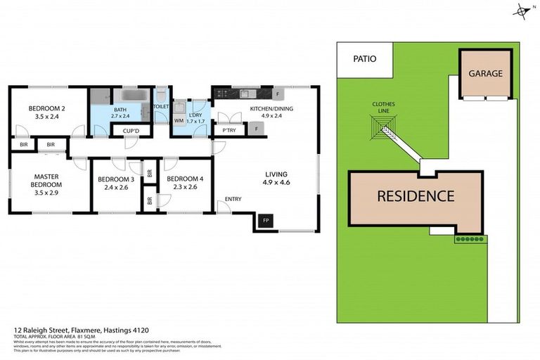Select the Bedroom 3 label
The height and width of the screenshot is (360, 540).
(114, 179)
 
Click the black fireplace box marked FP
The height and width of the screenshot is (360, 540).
(266, 221)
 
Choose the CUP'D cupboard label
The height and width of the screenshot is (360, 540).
(131, 131)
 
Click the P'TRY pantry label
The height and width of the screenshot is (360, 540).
(229, 130)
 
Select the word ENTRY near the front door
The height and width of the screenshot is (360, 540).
(233, 200)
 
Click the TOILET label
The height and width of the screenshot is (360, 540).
(162, 106)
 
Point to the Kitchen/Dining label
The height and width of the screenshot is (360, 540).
(271, 109)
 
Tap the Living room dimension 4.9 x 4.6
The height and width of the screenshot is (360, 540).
(277, 183)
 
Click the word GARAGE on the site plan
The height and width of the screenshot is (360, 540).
(486, 73)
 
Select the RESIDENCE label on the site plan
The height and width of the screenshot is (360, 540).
(416, 196)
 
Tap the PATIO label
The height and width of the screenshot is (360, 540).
(364, 59)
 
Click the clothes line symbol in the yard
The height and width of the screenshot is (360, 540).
(385, 127)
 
